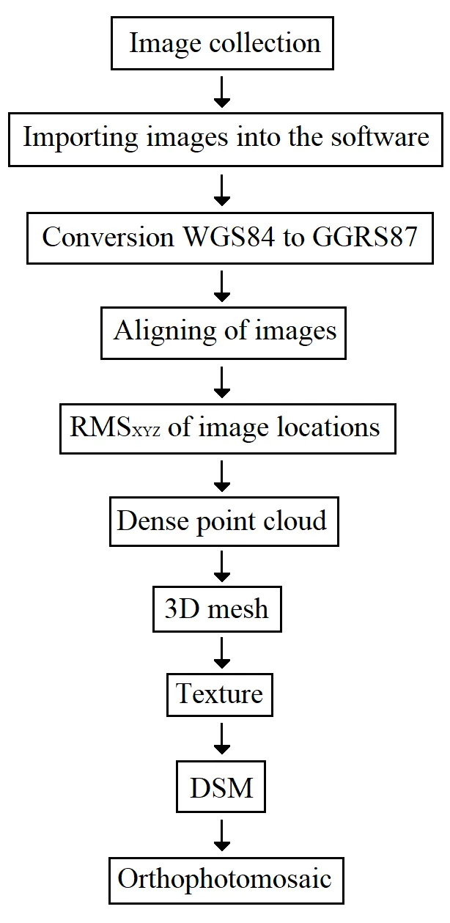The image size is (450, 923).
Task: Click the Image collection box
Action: point(224,43)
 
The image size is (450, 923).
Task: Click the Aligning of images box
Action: point(224,331)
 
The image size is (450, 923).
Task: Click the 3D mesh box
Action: point(216,608)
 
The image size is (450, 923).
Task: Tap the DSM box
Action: point(221,789)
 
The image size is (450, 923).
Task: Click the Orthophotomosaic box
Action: point(224,878)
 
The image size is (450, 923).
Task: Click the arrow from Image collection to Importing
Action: point(222,91)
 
